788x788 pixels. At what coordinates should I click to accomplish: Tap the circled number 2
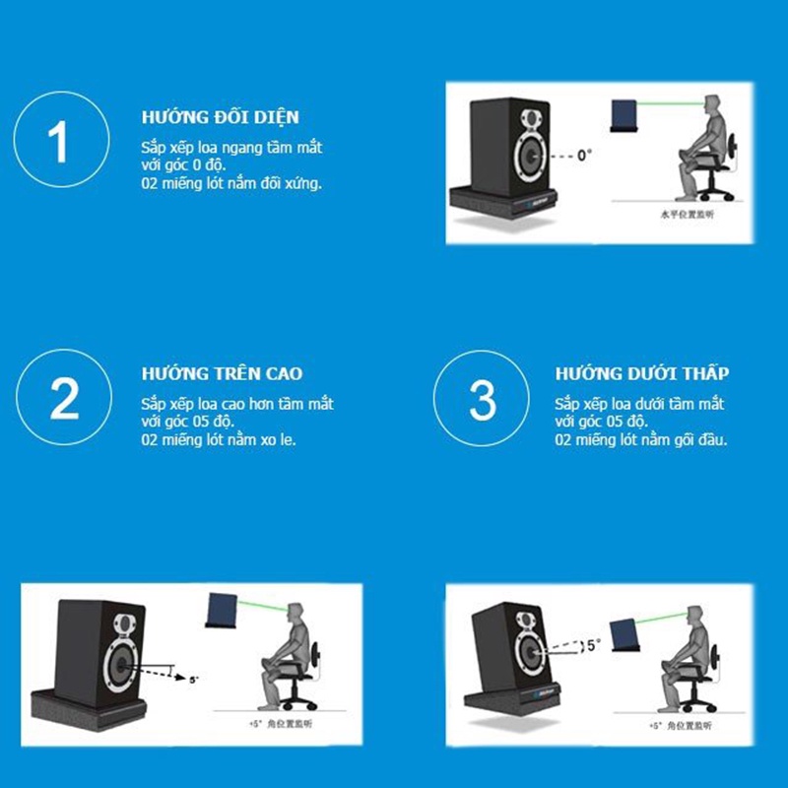click(x=64, y=399)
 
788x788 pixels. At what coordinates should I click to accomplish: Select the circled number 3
click(x=483, y=399)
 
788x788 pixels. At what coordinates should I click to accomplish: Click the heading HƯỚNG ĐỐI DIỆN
click(x=220, y=116)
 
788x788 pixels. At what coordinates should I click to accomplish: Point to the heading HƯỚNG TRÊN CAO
click(x=222, y=374)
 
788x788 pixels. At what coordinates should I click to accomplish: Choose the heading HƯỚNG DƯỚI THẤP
click(x=641, y=374)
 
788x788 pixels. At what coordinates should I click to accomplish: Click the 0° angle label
click(x=584, y=156)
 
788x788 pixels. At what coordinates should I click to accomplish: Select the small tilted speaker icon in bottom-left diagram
click(x=224, y=609)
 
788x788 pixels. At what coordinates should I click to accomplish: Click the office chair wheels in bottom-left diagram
click(x=294, y=702)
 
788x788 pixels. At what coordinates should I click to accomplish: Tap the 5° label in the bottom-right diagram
click(x=592, y=646)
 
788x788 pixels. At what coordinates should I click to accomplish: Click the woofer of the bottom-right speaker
click(x=527, y=651)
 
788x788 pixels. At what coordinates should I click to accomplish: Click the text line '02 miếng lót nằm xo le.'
click(x=218, y=439)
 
